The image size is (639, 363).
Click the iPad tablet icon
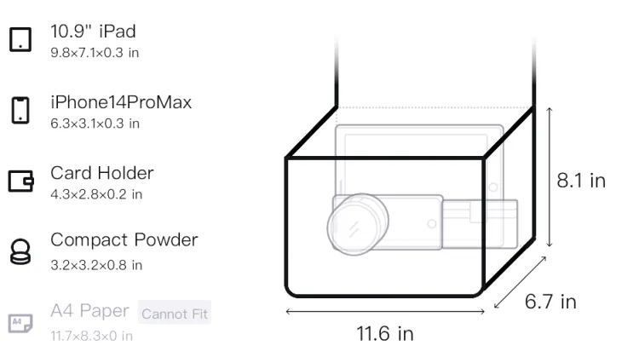pyautogui.click(x=20, y=39)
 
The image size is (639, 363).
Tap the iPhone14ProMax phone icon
pyautogui.click(x=20, y=110)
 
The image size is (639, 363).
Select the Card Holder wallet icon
pyautogui.click(x=20, y=181)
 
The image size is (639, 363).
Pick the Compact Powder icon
pyautogui.click(x=20, y=251)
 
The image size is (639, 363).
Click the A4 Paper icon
pyautogui.click(x=20, y=323)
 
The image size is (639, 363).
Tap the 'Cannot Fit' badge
pyautogui.click(x=175, y=314)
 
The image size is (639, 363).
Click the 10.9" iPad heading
pyautogui.click(x=93, y=32)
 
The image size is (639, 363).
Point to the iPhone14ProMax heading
pyautogui.click(x=121, y=102)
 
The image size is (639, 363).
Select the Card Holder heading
pyautogui.click(x=102, y=173)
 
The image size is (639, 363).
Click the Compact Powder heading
pyautogui.click(x=124, y=240)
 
